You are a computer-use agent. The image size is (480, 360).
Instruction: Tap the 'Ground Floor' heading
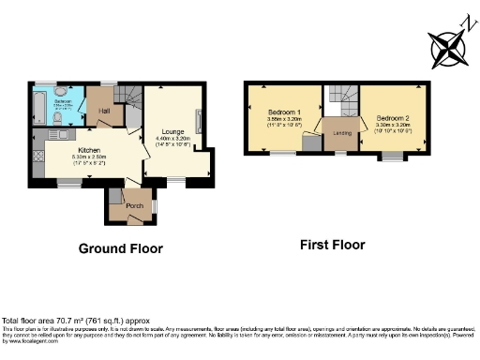click(x=120, y=248)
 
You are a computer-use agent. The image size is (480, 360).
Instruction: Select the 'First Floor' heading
click(x=332, y=245)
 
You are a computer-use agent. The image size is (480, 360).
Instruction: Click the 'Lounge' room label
click(x=172, y=131)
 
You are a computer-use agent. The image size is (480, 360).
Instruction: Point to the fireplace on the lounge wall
click(x=197, y=122)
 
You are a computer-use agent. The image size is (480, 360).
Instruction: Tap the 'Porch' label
click(x=122, y=204)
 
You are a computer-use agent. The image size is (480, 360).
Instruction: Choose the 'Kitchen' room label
click(x=89, y=150)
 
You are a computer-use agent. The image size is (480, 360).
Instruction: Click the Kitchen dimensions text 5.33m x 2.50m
click(x=89, y=157)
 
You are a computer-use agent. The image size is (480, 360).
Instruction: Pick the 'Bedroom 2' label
click(x=392, y=118)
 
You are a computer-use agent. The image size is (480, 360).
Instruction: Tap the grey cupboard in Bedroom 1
click(x=309, y=142)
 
